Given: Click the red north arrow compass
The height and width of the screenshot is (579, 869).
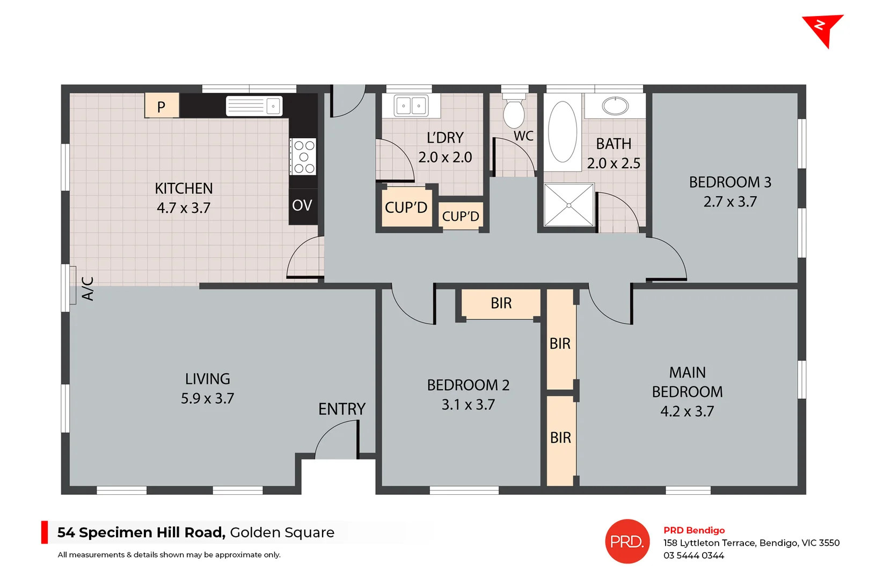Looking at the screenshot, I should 822,29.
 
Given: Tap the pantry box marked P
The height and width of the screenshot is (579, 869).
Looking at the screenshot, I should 161,106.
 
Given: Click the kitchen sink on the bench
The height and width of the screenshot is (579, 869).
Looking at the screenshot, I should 253,106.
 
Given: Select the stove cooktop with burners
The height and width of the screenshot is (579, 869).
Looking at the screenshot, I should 303,157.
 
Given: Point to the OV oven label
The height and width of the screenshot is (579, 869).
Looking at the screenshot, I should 302,205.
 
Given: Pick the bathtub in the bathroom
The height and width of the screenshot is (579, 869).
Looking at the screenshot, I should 562,132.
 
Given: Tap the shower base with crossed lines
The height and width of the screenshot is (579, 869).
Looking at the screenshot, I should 569,205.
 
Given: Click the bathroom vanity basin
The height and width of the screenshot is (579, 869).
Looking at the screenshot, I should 615,106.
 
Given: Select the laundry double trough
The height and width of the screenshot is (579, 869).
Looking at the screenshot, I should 411,106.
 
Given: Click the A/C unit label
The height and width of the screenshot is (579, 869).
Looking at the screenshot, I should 87,288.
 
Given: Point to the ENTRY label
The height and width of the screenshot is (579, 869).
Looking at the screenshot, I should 341,410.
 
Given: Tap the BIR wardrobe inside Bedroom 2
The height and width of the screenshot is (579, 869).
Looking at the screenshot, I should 501,303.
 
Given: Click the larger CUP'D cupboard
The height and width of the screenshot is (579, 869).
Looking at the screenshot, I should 406,207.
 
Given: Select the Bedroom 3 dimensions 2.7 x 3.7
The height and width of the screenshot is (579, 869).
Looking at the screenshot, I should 730,202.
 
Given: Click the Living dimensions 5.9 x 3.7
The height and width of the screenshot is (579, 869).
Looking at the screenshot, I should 207,399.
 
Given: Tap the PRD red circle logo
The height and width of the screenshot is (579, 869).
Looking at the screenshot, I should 627,541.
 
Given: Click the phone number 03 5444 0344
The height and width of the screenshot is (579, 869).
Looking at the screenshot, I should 693,556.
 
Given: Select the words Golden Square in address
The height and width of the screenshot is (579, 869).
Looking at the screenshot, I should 282,532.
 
